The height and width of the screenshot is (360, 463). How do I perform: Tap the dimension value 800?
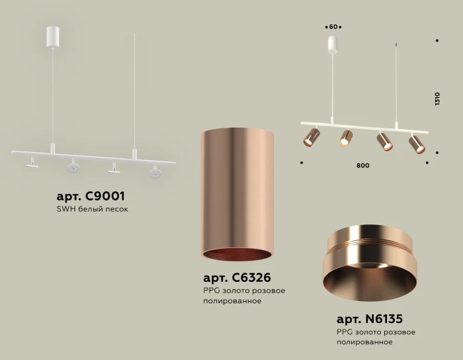pos(362,165)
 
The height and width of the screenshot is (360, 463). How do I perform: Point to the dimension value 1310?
pos(437,99)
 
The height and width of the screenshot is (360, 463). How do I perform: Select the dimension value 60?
pos(333,27)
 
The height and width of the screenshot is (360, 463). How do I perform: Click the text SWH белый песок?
pos(92,210)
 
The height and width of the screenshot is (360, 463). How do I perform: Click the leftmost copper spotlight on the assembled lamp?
pos(310,138)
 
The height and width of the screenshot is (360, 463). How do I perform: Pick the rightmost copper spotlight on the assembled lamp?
pos(417,144)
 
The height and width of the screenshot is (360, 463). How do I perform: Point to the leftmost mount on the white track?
pos(31,163)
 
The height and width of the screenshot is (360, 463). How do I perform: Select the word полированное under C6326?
pos(233,301)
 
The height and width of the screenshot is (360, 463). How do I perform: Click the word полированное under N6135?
pos(364,342)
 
